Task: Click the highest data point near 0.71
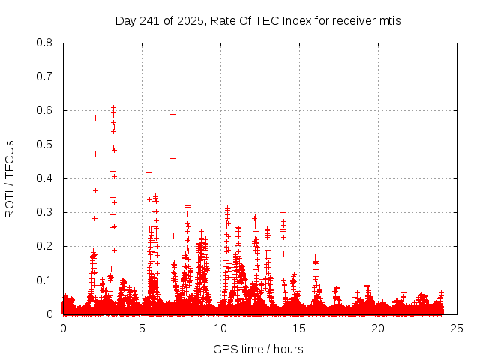click(172, 73)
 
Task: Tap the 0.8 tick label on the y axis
click(46, 43)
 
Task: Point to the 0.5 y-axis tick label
click(46, 145)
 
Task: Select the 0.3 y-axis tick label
click(46, 212)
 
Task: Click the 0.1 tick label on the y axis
click(46, 280)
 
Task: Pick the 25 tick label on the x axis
click(457, 328)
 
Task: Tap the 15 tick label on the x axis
click(299, 328)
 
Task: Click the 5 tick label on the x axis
click(142, 328)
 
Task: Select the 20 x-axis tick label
click(378, 328)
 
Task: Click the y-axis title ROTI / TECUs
click(10, 178)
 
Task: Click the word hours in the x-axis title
click(288, 349)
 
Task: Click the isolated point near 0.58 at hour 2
click(95, 118)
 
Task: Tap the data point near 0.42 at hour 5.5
click(148, 172)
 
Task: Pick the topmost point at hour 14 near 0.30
click(283, 212)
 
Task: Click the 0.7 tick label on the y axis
click(46, 76)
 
